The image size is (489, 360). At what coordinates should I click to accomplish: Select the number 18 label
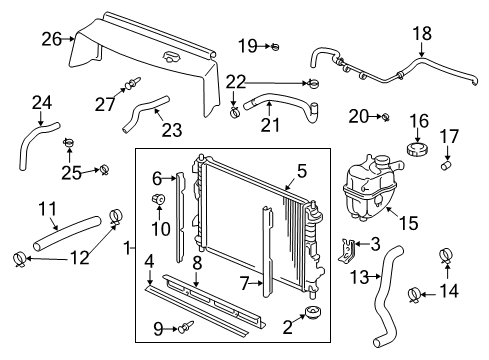pos(424,33)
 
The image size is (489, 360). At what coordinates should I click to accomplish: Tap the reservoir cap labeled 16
pos(415,149)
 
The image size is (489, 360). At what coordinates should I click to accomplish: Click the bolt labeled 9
pos(186,325)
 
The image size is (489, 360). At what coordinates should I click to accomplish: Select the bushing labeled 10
pos(157,206)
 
